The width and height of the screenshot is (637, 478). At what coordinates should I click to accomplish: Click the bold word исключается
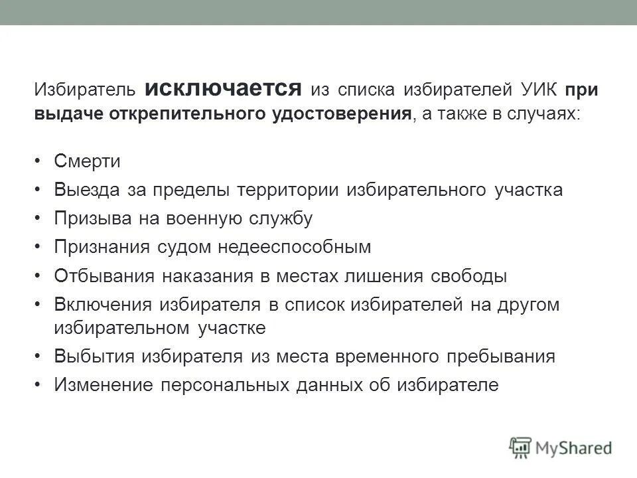(x=223, y=88)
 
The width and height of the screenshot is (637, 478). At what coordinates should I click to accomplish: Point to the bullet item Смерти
(x=86, y=162)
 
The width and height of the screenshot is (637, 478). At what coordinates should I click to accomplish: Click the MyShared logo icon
(x=521, y=447)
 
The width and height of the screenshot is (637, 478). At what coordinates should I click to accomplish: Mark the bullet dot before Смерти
(x=38, y=162)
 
